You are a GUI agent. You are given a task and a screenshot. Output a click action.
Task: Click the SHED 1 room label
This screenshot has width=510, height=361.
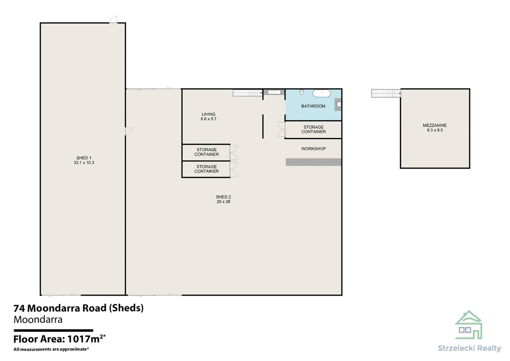(x=84, y=158)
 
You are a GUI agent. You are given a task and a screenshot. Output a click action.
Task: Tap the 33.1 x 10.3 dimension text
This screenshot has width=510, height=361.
(x=84, y=163)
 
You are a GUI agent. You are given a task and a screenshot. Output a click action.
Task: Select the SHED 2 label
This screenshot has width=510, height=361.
(x=223, y=197)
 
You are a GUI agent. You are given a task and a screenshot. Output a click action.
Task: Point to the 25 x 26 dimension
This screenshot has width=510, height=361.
(x=223, y=202)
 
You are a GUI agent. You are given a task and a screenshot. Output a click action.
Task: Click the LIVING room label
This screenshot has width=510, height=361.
(x=209, y=114)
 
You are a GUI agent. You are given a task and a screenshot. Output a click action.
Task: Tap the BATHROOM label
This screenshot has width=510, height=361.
(x=313, y=106)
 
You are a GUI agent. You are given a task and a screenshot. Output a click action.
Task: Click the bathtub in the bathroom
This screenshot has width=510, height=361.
(x=321, y=93)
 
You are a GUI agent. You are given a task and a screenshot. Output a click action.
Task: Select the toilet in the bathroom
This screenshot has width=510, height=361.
(x=302, y=92)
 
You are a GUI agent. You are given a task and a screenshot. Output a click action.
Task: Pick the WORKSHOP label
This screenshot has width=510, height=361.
(x=313, y=149)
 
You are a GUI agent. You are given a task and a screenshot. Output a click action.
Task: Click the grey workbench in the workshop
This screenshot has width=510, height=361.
(x=313, y=162)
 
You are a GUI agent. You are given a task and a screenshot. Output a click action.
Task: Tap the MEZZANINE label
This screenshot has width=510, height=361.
(x=435, y=125)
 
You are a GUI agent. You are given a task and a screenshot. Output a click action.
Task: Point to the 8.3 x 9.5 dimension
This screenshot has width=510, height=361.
(x=435, y=130)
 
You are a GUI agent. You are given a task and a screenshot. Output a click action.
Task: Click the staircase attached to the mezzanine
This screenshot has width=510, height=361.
(x=386, y=93)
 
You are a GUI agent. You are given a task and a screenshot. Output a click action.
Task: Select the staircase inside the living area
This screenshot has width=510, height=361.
(x=248, y=93)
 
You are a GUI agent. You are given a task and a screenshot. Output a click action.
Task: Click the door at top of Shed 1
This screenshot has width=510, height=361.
(x=113, y=20)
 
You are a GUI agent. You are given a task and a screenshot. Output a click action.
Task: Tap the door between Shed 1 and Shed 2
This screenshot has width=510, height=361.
(x=129, y=131)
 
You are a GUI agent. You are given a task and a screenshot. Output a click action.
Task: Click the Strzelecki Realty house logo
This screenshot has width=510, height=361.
(x=469, y=325)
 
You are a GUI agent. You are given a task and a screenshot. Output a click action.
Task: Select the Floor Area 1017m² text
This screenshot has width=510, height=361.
(x=59, y=339)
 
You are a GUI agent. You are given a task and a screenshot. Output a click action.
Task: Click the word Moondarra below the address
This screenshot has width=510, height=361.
(x=38, y=319)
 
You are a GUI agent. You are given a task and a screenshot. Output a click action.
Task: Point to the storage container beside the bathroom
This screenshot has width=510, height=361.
(x=313, y=130)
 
